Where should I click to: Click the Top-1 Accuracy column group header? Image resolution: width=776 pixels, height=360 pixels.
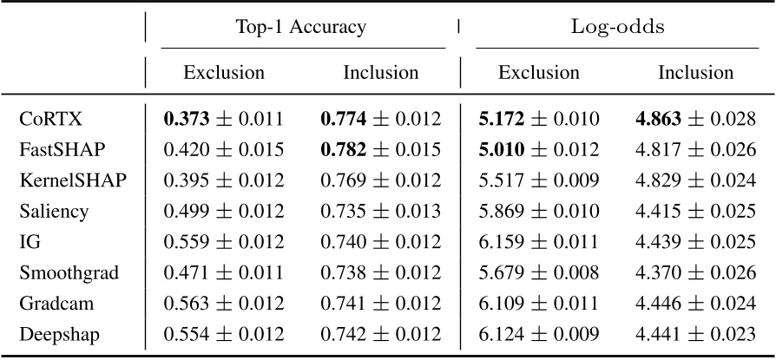301,27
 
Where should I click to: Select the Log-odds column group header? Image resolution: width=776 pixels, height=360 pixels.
617,27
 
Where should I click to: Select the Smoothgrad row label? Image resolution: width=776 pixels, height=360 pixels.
69,274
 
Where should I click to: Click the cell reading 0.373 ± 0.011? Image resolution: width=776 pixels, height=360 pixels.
224,117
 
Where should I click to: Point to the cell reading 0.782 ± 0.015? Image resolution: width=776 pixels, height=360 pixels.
380,148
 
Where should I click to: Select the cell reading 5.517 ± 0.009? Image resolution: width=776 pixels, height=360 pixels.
538,180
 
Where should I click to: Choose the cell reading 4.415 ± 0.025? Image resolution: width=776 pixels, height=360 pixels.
695,211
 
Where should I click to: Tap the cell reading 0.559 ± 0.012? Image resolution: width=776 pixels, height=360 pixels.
224,242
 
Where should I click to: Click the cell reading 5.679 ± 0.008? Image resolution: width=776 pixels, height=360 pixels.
538,274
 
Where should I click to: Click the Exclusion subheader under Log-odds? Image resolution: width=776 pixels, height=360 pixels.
538,73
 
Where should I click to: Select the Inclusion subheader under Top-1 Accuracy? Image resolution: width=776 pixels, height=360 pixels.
380,73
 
